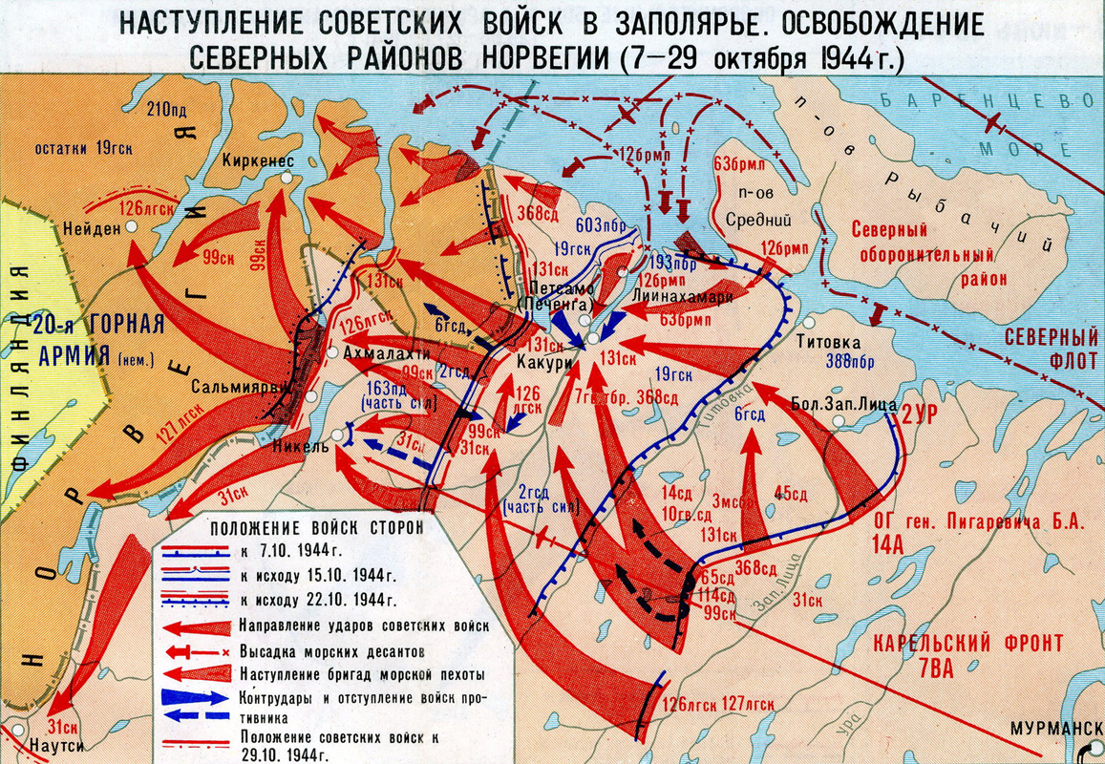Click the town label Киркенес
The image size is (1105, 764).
coord(257,160)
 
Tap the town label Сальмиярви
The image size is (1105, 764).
coord(241,388)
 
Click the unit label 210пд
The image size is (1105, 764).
coord(166,109)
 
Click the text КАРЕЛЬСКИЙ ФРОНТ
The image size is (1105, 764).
coord(967,643)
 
